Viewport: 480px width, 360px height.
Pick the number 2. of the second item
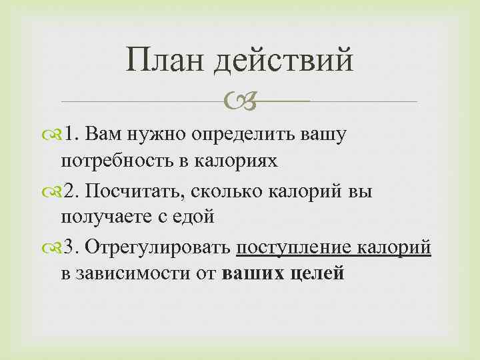[x=74, y=191]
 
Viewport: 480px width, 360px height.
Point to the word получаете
[x=106, y=217]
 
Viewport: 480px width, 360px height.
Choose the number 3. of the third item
[x=74, y=247]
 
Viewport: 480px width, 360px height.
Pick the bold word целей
[x=313, y=273]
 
